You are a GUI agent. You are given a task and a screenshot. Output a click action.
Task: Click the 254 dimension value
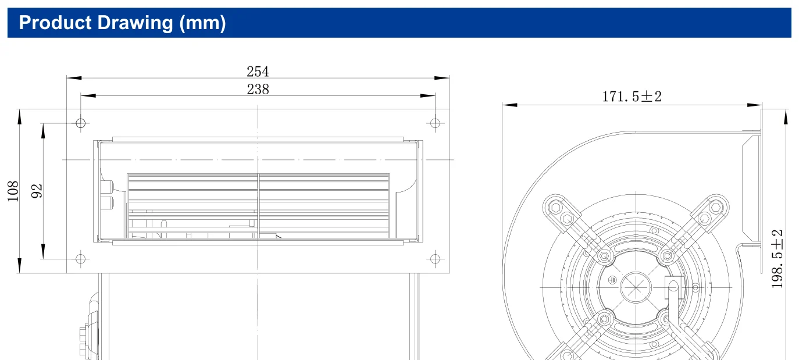tap(258, 72)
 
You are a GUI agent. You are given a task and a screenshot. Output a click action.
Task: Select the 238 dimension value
tap(258, 89)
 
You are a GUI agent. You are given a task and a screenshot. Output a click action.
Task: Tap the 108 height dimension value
tap(13, 191)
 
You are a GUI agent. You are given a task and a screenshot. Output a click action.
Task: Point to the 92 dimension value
tap(37, 191)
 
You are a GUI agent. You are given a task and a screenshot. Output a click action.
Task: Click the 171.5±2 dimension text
tap(632, 97)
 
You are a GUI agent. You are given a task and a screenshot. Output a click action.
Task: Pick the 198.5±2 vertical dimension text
tap(777, 259)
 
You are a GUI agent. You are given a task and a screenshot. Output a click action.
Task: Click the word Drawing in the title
tap(135, 23)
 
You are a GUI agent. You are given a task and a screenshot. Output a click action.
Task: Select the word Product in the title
tap(55, 23)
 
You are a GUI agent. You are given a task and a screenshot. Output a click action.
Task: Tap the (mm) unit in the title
tap(202, 23)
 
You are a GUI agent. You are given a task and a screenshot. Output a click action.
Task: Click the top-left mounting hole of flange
tap(81, 123)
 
